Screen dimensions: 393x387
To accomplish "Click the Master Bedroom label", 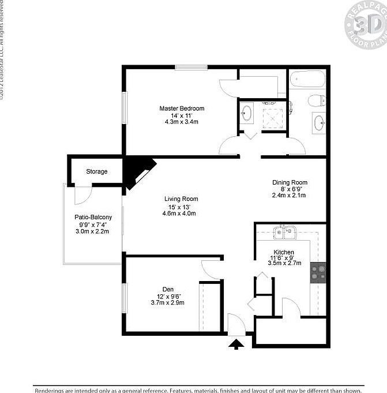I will pyautogui.click(x=182, y=108).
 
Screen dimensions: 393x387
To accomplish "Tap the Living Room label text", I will pyautogui.click(x=181, y=199).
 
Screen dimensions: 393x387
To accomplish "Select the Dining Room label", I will pyautogui.click(x=290, y=182).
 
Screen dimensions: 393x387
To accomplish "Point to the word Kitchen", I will pyautogui.click(x=284, y=252).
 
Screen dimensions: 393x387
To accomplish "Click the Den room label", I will pyautogui.click(x=168, y=290).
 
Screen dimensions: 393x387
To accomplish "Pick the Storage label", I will pyautogui.click(x=97, y=171).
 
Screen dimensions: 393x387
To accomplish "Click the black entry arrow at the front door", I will pyautogui.click(x=235, y=345).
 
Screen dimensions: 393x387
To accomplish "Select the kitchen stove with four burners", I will pyautogui.click(x=318, y=272).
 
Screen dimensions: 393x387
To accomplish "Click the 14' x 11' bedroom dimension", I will pyautogui.click(x=182, y=115).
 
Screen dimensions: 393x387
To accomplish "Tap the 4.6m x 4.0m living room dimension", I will pyautogui.click(x=181, y=214).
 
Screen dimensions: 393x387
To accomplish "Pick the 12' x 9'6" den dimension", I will pyautogui.click(x=168, y=296).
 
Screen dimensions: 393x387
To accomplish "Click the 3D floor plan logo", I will pyautogui.click(x=365, y=25).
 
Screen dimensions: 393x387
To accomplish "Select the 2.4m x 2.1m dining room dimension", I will pyautogui.click(x=290, y=196).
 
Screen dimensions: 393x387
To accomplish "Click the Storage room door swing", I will pyautogui.click(x=81, y=195).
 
